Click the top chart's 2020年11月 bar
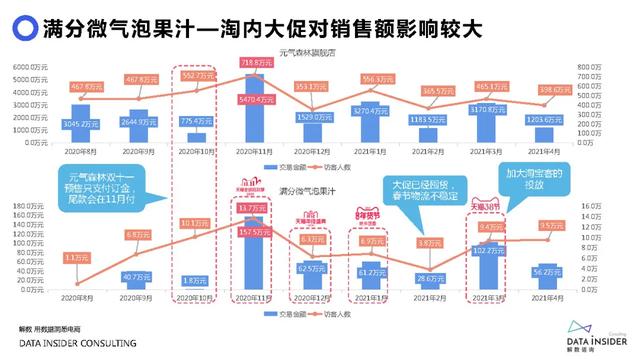[x=255, y=110]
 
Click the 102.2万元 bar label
[x=492, y=250]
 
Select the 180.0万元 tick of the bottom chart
[x=30, y=209]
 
